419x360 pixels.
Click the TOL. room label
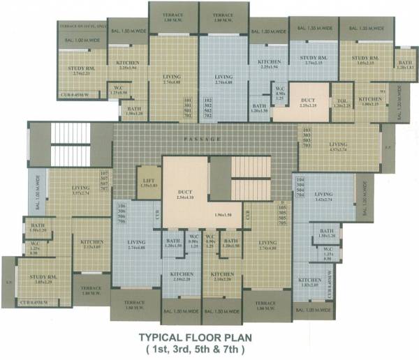[342, 102]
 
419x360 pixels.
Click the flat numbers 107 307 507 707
[105, 183]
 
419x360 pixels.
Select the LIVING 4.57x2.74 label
[338, 148]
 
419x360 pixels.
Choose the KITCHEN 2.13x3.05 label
[91, 244]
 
